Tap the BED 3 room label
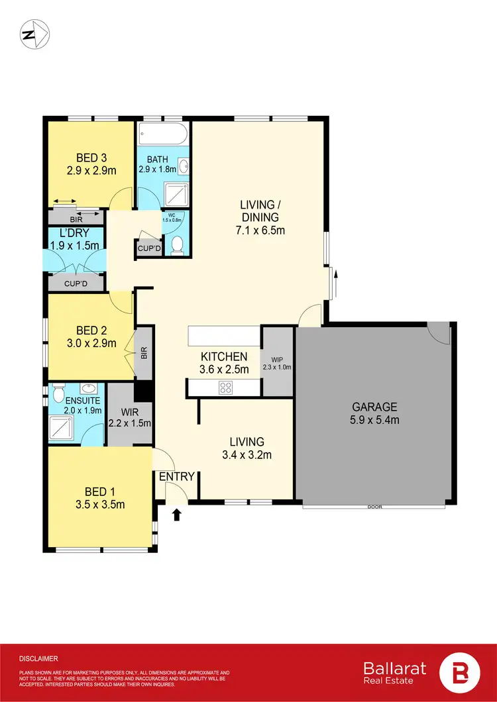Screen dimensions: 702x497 pyautogui.click(x=91, y=158)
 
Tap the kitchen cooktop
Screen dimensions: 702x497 pyautogui.click(x=226, y=388)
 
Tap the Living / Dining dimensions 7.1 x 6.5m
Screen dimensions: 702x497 pyautogui.click(x=260, y=230)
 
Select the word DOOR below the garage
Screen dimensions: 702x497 pyautogui.click(x=375, y=507)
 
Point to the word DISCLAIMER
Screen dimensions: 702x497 pyautogui.click(x=38, y=658)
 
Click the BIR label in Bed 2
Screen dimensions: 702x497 pyautogui.click(x=144, y=353)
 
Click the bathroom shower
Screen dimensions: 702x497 pyautogui.click(x=177, y=191)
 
